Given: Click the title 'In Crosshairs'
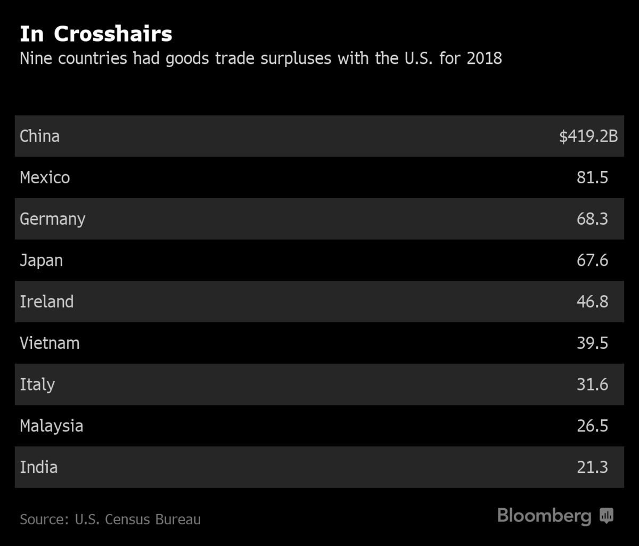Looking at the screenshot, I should click(96, 34).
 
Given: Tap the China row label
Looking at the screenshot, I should click(39, 136).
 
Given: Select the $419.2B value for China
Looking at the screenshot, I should click(588, 136).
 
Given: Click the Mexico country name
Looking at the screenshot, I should click(45, 177).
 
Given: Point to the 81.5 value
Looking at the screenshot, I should click(592, 177).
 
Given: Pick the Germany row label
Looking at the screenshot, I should click(52, 219).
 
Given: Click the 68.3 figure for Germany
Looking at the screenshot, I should click(592, 219).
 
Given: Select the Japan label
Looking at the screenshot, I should click(41, 260).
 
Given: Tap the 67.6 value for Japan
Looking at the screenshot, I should click(592, 260).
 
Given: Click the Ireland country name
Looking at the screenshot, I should click(46, 301).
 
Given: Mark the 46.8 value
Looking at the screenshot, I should click(592, 301).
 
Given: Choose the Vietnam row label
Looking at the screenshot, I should click(50, 343).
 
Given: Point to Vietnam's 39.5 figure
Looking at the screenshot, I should click(592, 343).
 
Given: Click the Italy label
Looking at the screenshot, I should click(37, 385).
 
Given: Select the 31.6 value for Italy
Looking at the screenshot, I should click(592, 385).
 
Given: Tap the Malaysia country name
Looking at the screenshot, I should click(51, 426).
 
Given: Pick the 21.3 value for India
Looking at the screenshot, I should click(592, 467).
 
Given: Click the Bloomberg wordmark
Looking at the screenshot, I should click(544, 516).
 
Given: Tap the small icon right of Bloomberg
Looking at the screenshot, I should click(607, 516).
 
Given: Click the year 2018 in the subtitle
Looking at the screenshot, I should click(484, 58).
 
